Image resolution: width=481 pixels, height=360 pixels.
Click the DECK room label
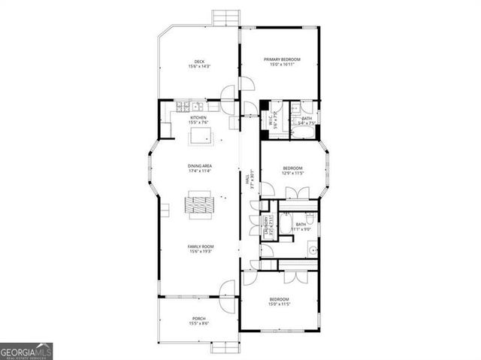click(x=199, y=62)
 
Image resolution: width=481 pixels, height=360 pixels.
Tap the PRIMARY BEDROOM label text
click(x=282, y=59)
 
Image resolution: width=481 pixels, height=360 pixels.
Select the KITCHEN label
click(x=198, y=118)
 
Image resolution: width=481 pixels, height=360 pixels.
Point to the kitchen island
click(x=200, y=135)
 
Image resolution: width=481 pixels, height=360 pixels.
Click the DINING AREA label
click(x=200, y=165)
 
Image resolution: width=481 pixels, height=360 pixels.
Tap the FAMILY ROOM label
click(x=200, y=247)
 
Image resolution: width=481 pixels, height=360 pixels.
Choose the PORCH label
click(x=199, y=319)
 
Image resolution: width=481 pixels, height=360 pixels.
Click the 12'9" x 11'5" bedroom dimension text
click(x=292, y=173)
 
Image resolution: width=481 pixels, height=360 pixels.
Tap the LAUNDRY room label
click(x=266, y=225)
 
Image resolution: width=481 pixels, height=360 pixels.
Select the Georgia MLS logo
click(x=26, y=351)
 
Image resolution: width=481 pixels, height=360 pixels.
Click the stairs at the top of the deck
click(x=225, y=17)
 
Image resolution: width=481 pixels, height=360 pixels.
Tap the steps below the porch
click(x=225, y=346)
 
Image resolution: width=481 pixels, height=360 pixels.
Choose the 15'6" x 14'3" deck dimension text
click(x=199, y=67)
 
